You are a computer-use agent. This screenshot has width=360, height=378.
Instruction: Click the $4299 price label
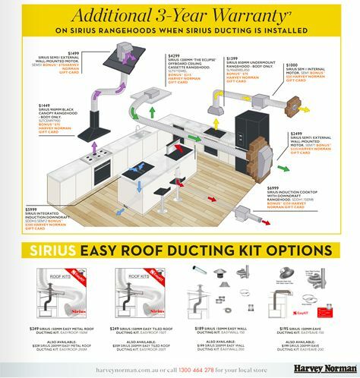click(x=174, y=55)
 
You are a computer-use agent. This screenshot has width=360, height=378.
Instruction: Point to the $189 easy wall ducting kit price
click(x=200, y=328)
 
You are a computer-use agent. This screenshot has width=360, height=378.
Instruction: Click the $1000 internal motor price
click(x=292, y=87)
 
